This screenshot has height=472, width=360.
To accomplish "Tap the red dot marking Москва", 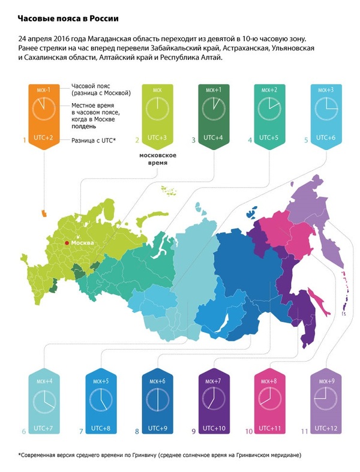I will point(67,243).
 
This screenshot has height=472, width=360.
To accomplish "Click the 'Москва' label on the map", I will point(83,243).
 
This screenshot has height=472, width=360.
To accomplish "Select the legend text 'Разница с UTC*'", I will point(94,140).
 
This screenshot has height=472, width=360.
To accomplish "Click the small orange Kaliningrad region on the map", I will point(43,212).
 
